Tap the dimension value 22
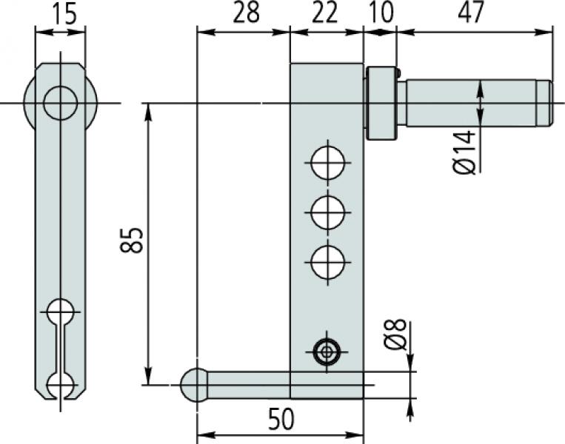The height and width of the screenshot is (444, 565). (x=327, y=13)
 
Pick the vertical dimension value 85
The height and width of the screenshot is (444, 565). (x=132, y=241)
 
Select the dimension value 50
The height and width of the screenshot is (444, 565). (x=280, y=420)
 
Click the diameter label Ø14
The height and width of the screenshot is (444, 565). (x=464, y=152)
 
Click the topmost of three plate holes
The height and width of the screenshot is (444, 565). (x=327, y=163)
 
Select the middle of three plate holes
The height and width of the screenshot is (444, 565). (x=327, y=213)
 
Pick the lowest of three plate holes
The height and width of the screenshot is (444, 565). (x=327, y=263)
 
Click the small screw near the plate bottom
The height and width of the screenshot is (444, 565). (x=327, y=351)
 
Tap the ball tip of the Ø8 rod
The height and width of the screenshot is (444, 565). (x=195, y=385)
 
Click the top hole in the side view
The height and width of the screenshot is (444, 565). (x=60, y=103)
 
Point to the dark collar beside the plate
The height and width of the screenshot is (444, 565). (x=381, y=104)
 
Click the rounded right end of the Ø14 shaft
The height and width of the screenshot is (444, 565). (x=546, y=103)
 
